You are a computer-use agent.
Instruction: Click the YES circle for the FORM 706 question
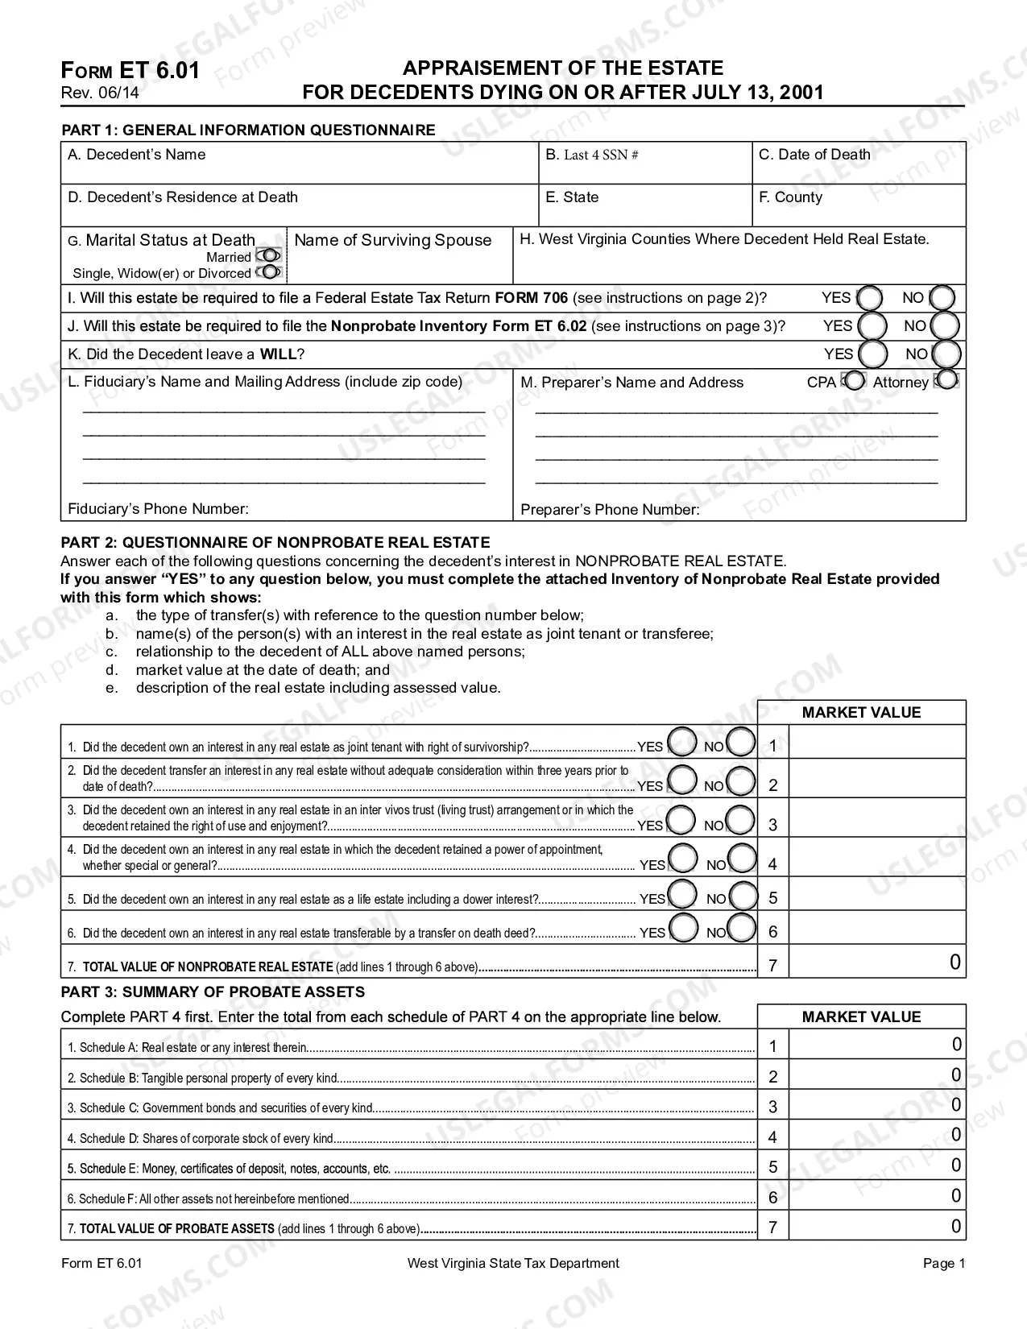[870, 299]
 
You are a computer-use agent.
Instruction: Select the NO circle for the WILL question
[946, 354]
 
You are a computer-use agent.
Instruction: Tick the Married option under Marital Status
[269, 256]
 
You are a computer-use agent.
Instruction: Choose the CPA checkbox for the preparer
[854, 381]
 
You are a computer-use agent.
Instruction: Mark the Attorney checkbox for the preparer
[947, 380]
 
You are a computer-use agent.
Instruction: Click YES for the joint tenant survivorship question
[683, 743]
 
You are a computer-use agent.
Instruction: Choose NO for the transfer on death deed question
[742, 929]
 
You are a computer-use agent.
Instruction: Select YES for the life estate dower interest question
[683, 895]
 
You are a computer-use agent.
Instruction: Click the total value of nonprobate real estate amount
[876, 963]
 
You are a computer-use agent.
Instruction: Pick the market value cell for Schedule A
[876, 1045]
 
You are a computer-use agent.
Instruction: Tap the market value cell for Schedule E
[876, 1165]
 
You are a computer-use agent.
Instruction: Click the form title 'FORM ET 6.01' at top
[130, 71]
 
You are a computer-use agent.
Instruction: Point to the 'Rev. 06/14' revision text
[100, 93]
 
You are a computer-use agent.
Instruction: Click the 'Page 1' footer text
[943, 1263]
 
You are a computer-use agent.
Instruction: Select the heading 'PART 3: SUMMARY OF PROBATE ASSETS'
[213, 992]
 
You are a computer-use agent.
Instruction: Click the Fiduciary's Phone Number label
[158, 509]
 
